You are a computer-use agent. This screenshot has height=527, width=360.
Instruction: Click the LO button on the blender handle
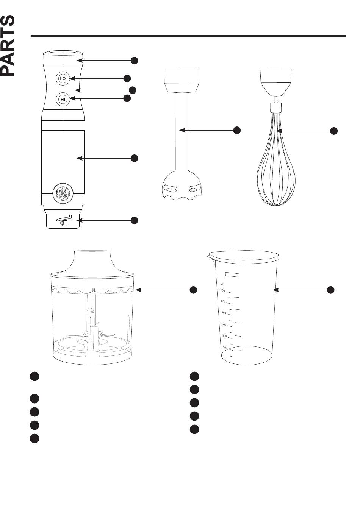[63, 78]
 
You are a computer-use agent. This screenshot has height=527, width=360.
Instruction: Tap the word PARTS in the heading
[8, 45]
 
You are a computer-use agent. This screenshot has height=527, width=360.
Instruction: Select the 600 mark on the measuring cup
[223, 290]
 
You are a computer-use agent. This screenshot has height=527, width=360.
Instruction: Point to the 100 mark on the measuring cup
[225, 348]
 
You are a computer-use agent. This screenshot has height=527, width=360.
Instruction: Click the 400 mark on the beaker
[224, 313]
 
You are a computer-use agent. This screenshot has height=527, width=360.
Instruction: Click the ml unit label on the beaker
[222, 284]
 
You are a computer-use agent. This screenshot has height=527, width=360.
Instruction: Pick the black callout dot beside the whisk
[333, 131]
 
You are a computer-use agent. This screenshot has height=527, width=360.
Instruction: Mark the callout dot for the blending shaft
[237, 130]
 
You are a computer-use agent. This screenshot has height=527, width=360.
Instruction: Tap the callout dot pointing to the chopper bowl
[193, 290]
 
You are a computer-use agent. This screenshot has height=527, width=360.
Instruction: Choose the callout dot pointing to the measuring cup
[330, 290]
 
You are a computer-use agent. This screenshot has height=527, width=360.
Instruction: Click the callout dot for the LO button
[127, 78]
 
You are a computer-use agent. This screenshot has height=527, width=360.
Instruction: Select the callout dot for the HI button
[127, 98]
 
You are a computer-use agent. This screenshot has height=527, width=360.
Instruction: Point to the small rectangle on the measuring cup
[232, 274]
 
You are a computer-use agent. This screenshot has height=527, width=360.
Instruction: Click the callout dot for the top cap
[134, 61]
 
